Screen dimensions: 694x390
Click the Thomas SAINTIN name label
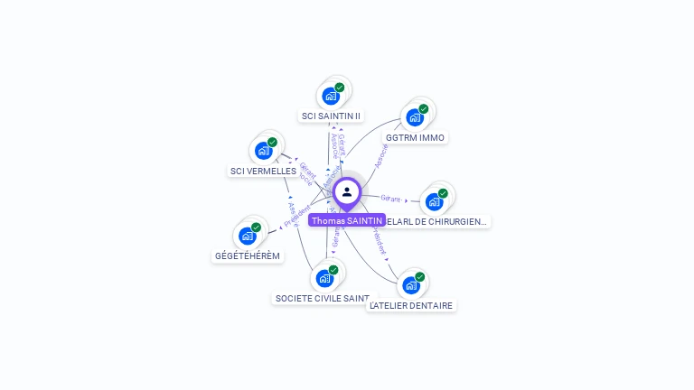347,220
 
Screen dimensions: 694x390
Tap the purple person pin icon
347,192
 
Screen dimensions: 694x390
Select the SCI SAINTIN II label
331,116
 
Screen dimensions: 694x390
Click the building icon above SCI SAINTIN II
332,95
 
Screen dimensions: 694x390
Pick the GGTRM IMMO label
415,138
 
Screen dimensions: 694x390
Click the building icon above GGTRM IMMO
415,116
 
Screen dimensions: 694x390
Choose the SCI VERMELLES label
263,171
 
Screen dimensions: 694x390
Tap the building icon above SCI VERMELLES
264,150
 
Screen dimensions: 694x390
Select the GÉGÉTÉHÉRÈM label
248,255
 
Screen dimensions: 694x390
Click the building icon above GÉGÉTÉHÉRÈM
249,236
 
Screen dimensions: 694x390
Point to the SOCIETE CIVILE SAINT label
323,298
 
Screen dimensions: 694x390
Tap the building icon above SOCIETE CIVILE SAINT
325,278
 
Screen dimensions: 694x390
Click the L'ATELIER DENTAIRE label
411,305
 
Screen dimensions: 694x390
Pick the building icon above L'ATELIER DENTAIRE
412,285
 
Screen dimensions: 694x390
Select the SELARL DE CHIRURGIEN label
445,221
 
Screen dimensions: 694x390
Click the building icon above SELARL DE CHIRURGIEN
435,200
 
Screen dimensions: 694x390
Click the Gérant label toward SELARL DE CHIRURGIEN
390,198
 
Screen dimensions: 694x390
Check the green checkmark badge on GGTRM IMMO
423,109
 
